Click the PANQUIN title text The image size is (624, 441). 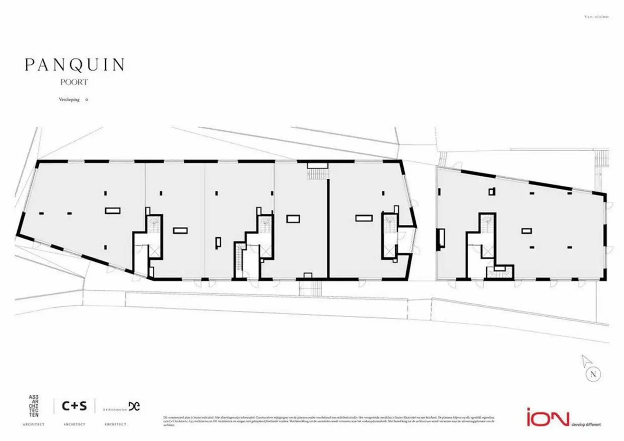click(x=75, y=65)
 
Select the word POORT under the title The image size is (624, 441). click(x=74, y=82)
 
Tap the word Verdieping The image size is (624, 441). click(x=69, y=100)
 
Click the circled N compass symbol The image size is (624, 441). click(x=593, y=374)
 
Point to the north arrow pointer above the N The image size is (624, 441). click(x=586, y=360)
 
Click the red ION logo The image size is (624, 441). click(x=548, y=419)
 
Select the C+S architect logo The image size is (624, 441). click(x=74, y=406)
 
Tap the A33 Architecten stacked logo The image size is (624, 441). click(x=34, y=406)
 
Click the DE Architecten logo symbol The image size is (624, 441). click(x=134, y=406)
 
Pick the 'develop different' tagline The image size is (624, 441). click(x=586, y=425)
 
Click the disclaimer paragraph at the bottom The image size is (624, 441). click(x=328, y=421)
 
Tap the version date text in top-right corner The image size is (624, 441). click(x=596, y=17)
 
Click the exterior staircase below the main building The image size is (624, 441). click(x=310, y=288)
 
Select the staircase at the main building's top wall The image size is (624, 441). click(x=318, y=174)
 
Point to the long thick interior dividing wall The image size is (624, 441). click(x=328, y=229)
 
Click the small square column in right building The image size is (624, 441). click(x=492, y=192)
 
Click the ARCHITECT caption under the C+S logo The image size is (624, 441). click(x=74, y=424)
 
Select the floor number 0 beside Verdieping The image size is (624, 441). click(x=86, y=100)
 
